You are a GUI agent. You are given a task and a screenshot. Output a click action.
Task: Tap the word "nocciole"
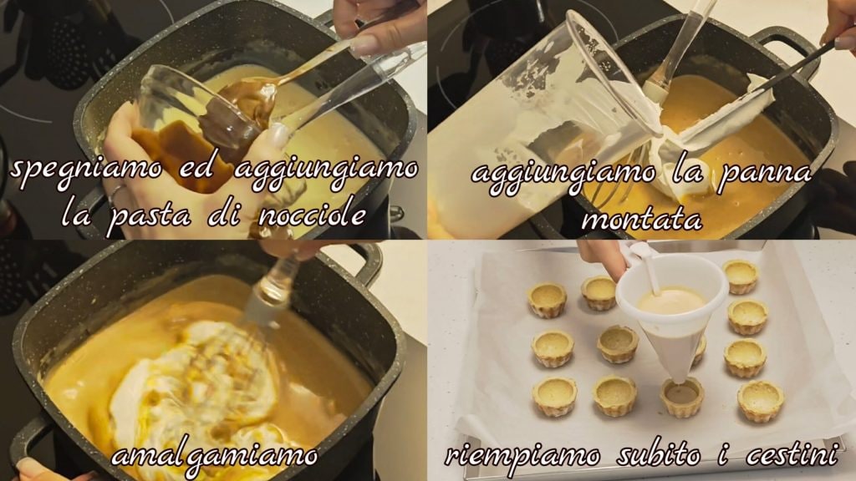pyautogui.click(x=312, y=215)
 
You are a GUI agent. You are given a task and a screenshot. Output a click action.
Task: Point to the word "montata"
pyautogui.click(x=641, y=220)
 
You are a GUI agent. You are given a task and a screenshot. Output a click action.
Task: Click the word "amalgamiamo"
pyautogui.click(x=215, y=457)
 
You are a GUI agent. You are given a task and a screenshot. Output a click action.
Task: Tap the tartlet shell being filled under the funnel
pyautogui.click(x=681, y=397)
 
